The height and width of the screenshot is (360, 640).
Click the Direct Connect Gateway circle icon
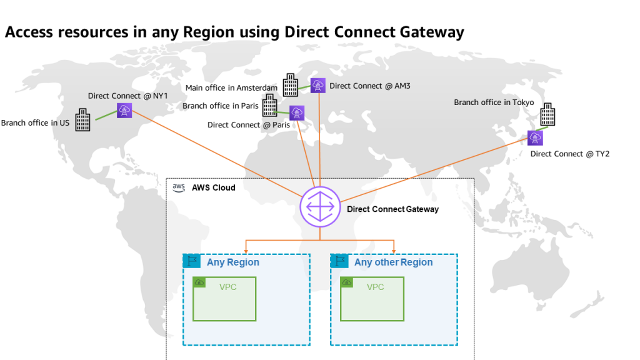tap(319, 207)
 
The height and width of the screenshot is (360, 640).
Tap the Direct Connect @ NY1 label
tap(128, 96)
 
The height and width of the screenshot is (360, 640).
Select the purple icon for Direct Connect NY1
tap(124, 111)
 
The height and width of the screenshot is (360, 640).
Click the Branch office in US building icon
tap(83, 120)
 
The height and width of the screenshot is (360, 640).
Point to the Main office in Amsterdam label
tap(231, 88)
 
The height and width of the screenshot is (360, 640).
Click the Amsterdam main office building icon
tap(291, 85)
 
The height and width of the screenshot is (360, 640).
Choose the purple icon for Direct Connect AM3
tap(318, 86)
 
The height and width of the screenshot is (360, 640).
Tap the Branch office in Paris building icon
tap(269, 106)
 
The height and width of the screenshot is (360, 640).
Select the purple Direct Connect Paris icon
tap(297, 113)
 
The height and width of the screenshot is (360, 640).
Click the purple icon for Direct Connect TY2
tap(535, 137)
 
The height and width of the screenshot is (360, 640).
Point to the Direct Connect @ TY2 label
tap(569, 154)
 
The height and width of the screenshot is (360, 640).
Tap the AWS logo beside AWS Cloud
tap(179, 187)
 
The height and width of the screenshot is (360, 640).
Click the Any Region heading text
tap(233, 262)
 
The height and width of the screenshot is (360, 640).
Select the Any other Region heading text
tap(393, 262)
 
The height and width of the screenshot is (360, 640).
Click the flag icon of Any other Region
tap(340, 261)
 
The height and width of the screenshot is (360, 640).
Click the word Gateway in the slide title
tap(431, 32)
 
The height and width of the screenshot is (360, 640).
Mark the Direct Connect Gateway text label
tap(392, 209)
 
